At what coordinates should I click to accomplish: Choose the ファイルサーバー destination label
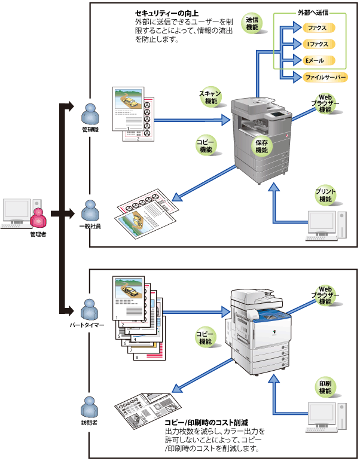point(325,77)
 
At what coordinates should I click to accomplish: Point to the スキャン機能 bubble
point(211,97)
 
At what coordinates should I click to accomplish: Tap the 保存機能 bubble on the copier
point(262,146)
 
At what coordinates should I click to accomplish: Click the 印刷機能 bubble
point(325,387)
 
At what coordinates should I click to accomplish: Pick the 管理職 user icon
point(90,114)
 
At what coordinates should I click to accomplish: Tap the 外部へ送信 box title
point(312,12)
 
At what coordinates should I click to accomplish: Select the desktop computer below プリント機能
point(326,225)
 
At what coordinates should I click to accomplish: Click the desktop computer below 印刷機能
point(326,417)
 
